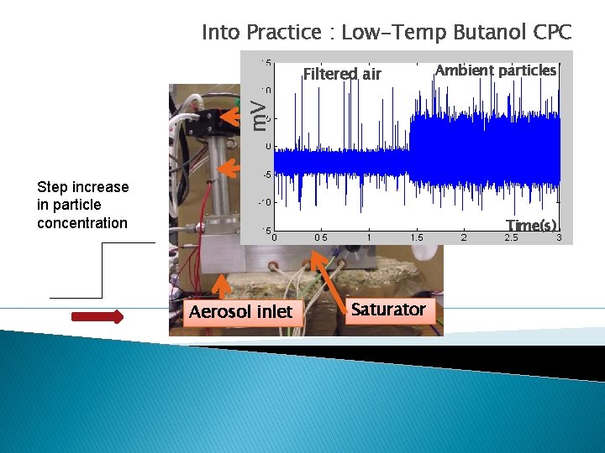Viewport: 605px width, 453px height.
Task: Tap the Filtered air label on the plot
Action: [342, 74]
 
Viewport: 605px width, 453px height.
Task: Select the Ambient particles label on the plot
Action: [496, 70]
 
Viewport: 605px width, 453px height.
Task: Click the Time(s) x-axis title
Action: [532, 225]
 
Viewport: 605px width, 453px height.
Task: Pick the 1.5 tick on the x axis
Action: [416, 237]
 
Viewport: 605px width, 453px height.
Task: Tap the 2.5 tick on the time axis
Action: [511, 237]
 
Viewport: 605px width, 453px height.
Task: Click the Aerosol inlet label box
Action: [240, 312]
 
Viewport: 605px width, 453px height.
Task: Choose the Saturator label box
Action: [388, 310]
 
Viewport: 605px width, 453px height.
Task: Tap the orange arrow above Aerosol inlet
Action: [220, 287]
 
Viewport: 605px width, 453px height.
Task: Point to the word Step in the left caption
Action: [53, 187]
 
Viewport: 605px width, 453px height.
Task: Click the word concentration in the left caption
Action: [82, 223]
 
